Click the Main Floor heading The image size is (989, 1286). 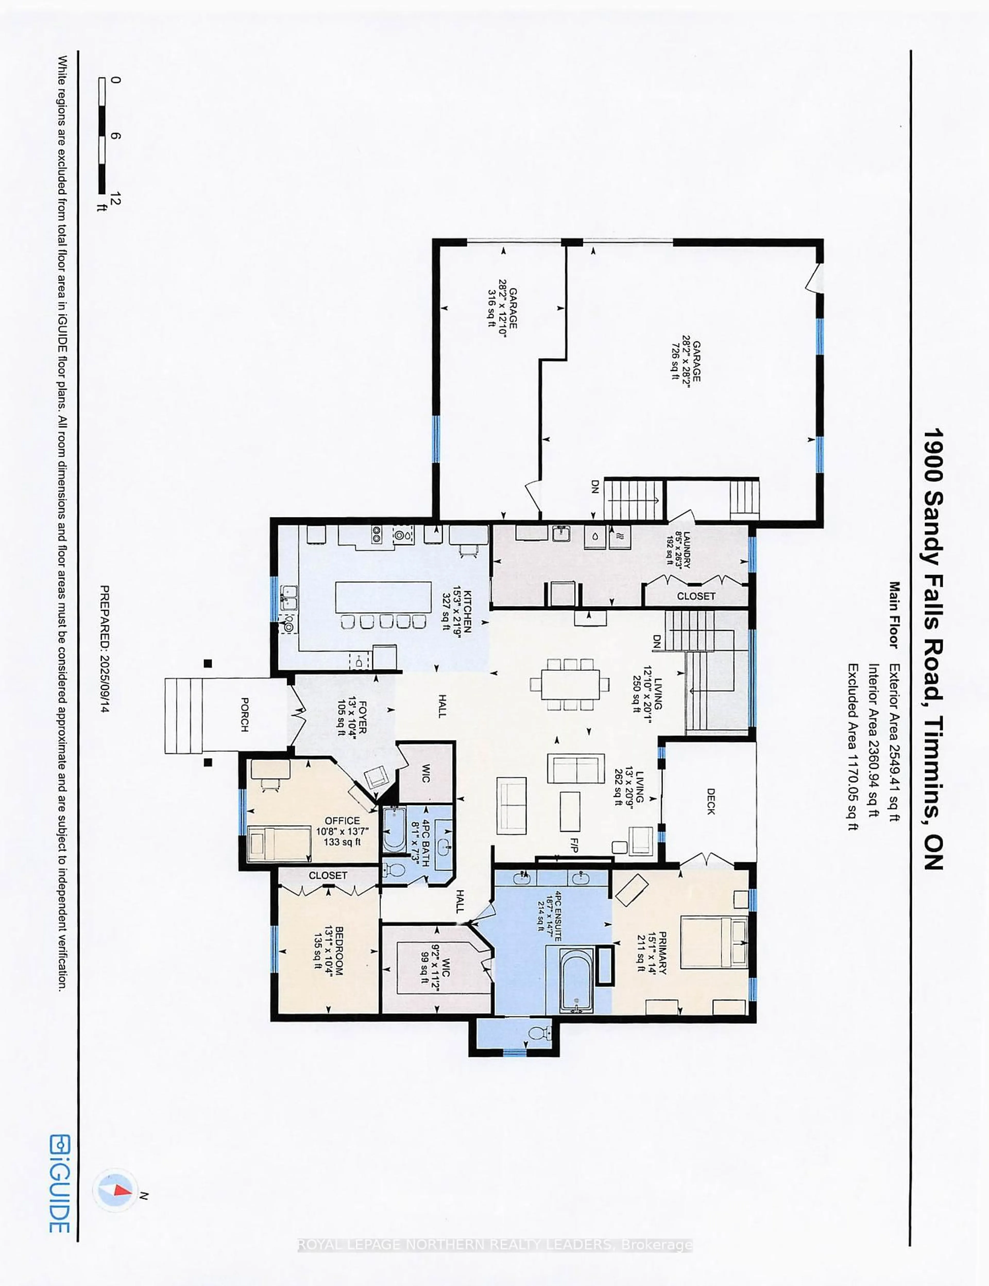(894, 615)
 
